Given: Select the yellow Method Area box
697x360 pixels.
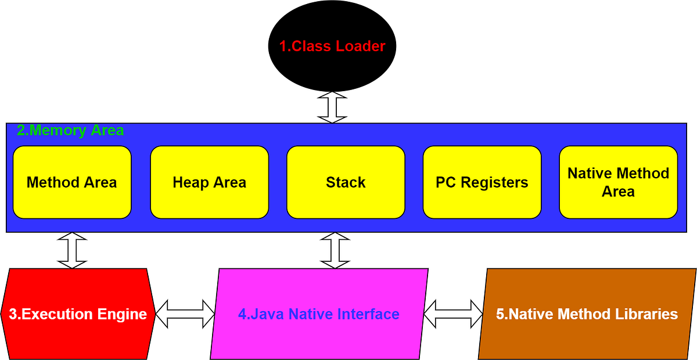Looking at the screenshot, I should point(72,182).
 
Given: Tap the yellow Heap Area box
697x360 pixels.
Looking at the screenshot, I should point(209,182).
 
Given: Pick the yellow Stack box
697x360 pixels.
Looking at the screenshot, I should point(346,182).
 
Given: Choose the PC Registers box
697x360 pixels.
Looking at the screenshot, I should point(482,182).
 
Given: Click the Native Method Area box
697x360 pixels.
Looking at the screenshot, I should point(618,182).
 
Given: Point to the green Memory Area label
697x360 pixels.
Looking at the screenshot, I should point(70,131).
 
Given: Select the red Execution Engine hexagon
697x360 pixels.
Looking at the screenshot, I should point(78,314).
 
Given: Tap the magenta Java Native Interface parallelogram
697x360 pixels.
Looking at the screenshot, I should point(319,314).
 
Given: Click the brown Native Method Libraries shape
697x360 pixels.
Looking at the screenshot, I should point(587,314).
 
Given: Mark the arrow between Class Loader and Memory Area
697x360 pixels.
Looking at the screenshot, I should point(332,106).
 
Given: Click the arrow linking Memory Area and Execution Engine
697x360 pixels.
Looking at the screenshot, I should point(72,250).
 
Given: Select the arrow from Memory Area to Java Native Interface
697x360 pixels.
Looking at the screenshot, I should point(335,250).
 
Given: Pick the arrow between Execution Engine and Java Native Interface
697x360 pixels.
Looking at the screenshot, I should point(185,314).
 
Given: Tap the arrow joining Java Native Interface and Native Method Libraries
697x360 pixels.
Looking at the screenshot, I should point(454,314).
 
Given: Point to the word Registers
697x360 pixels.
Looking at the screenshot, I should point(501,182).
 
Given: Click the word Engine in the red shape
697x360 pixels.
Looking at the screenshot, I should point(122,314).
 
